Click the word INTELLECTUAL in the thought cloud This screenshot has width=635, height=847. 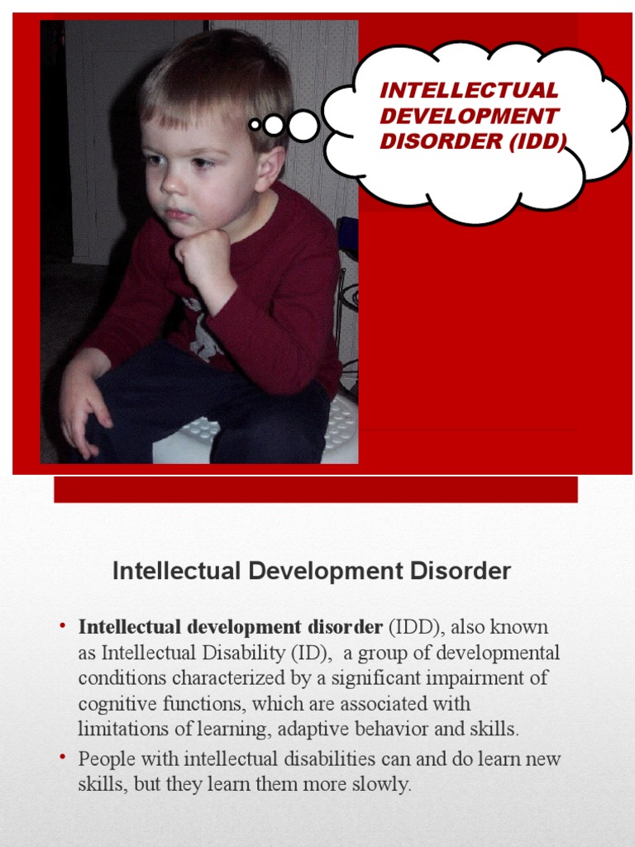tap(469, 90)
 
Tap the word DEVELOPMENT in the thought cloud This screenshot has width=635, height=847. tap(469, 116)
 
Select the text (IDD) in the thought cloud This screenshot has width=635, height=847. tap(538, 141)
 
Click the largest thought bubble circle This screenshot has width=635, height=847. tap(303, 126)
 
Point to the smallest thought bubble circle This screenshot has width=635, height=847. tap(255, 125)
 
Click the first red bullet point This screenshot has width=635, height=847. tap(62, 626)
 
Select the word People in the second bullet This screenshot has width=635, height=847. tap(105, 758)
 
